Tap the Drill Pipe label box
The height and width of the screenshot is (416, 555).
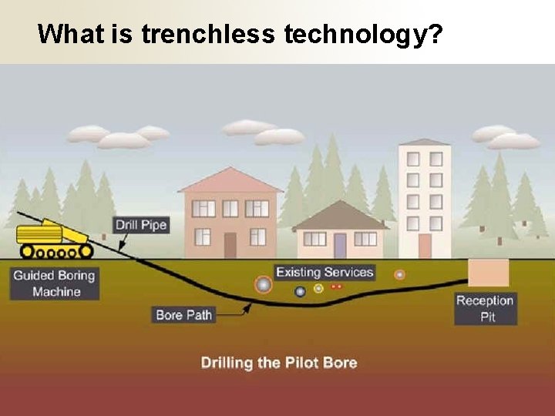point(141,226)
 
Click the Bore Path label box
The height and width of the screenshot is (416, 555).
point(183,314)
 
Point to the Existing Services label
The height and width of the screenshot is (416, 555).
point(325,272)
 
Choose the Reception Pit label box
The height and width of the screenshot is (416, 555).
point(486,308)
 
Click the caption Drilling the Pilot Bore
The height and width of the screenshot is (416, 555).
point(279,362)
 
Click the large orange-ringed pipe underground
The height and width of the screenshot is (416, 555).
point(264,285)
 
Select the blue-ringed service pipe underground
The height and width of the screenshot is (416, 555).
point(300,291)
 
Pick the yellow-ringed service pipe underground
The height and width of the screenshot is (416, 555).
point(318,289)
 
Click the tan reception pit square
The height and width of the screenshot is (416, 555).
point(489,273)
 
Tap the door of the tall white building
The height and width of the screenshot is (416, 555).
point(425,245)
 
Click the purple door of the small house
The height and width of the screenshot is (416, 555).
point(340,245)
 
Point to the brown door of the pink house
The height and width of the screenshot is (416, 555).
point(230,245)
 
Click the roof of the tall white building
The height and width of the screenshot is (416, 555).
point(425,143)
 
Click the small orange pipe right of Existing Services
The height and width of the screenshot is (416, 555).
point(399,274)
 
